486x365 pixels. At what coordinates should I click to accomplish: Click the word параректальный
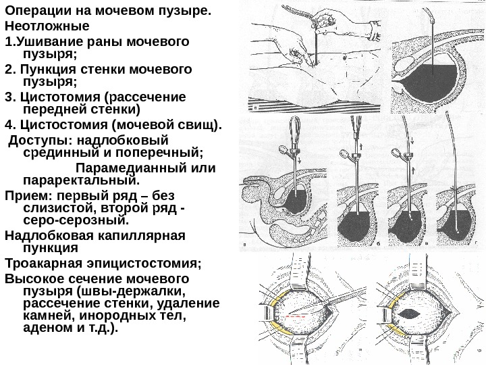[x=80, y=180]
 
